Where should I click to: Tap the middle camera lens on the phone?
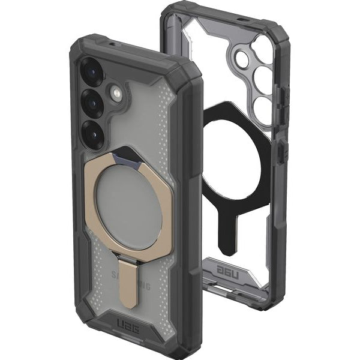pos(95,103)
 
